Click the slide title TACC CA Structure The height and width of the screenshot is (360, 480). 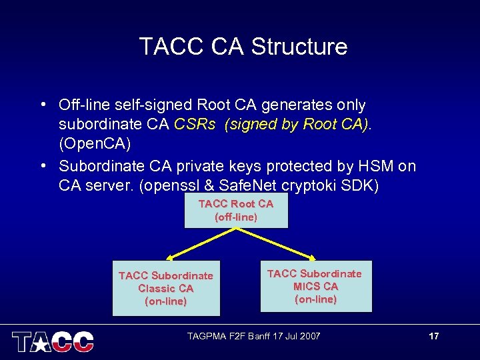click(x=243, y=47)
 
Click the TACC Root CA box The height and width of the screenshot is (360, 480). click(x=236, y=211)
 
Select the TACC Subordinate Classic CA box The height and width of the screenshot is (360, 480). click(x=166, y=288)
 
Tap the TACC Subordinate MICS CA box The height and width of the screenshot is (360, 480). click(x=315, y=286)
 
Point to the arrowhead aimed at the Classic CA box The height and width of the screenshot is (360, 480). click(x=170, y=257)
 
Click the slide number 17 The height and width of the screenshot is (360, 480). click(x=434, y=336)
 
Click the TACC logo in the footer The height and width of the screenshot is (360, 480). click(x=53, y=341)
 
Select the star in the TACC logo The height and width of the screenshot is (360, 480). click(x=39, y=341)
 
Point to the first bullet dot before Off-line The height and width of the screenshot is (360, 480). click(x=43, y=105)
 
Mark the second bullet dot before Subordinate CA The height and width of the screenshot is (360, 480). click(x=43, y=165)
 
